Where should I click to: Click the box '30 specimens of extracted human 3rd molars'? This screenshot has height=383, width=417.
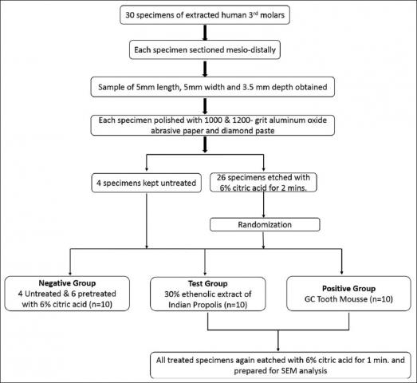(x=205, y=15)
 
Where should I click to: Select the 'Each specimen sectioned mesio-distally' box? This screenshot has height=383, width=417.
(x=205, y=49)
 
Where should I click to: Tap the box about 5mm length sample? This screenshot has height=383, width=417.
(x=213, y=87)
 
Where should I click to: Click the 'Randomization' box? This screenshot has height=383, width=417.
(x=265, y=225)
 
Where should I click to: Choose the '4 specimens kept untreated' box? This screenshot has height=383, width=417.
(x=146, y=183)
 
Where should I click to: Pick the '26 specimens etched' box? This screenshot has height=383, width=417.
(x=263, y=183)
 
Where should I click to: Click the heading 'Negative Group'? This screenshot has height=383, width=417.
(x=67, y=283)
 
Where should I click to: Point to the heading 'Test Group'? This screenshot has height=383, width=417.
(x=207, y=283)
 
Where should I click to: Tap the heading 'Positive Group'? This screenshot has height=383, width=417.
(x=349, y=289)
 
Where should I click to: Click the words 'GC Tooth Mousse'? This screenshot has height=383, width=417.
(x=336, y=299)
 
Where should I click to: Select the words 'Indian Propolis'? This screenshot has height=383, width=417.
(x=195, y=305)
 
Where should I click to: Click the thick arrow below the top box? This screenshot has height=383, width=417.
(x=205, y=33)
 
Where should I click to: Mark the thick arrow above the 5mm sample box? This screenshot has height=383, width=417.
(x=205, y=69)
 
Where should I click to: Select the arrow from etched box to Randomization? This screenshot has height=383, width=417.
(x=263, y=205)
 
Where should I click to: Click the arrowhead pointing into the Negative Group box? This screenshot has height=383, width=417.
(x=70, y=273)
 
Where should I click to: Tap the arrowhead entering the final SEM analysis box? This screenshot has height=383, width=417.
(x=278, y=349)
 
